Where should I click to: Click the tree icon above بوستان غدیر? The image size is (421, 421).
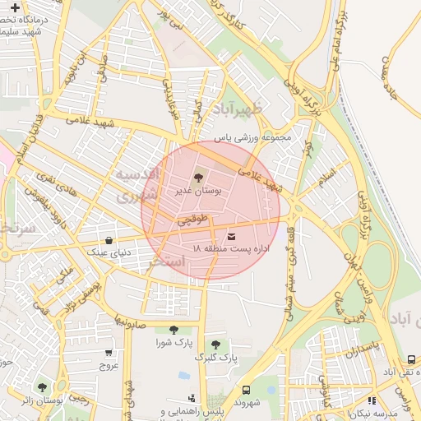(197, 177)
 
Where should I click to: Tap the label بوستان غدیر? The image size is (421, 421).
(197, 190)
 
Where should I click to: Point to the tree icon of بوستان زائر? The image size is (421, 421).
(42, 386)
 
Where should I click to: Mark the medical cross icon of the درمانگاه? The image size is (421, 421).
(14, 7)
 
